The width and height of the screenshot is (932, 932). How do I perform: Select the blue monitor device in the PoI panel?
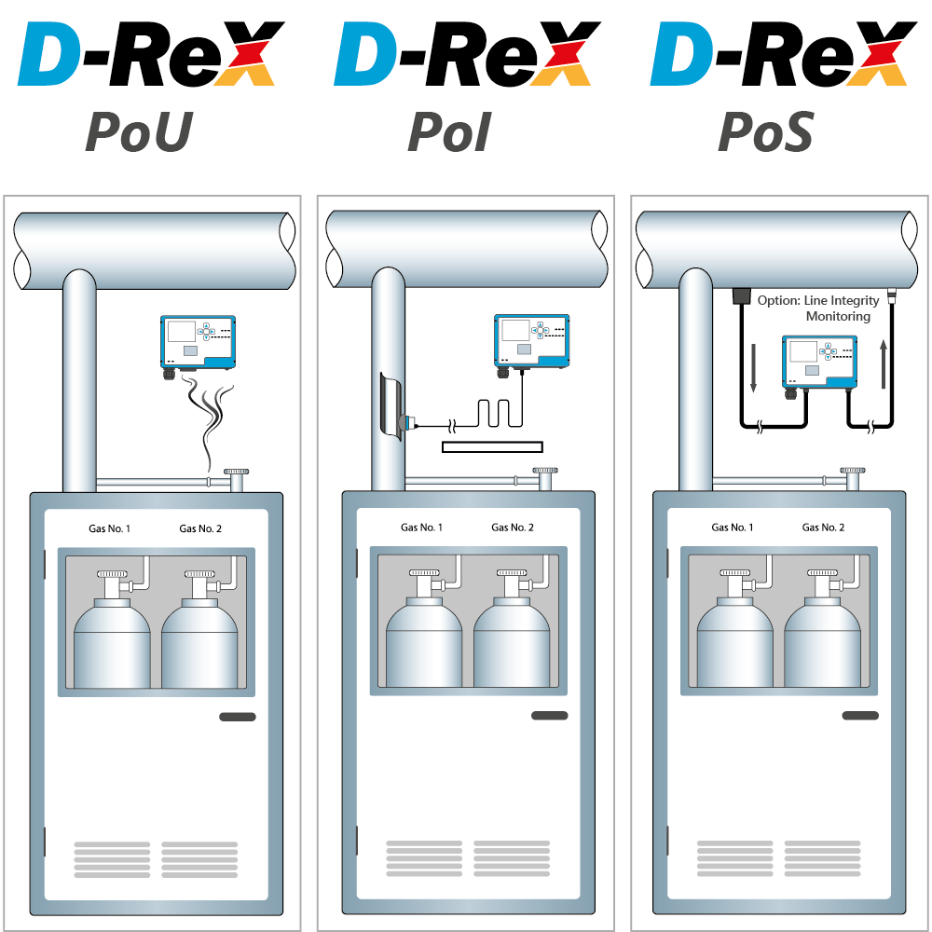[530, 340]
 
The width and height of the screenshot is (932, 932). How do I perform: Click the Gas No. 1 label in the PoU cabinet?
[109, 529]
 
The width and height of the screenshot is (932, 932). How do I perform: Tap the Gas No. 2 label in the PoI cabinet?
[513, 528]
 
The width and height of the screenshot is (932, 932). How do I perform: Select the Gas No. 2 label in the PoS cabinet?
[823, 528]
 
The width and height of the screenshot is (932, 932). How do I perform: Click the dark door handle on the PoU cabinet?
[238, 717]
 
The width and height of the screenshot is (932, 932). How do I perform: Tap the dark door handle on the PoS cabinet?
[860, 716]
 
